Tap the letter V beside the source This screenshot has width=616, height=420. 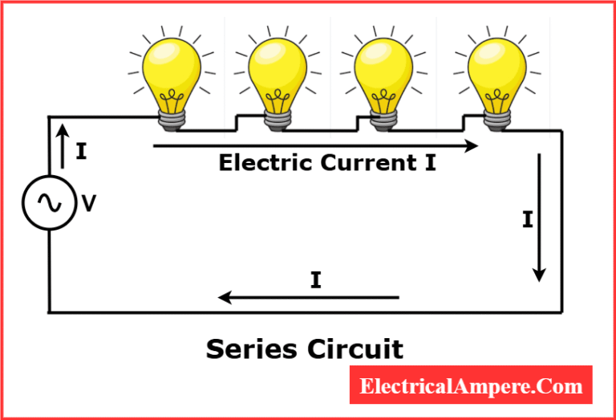tap(89, 204)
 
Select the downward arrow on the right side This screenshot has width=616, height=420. tap(540, 217)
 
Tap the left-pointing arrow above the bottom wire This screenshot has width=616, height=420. tap(309, 298)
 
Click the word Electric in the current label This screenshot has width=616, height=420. tap(266, 163)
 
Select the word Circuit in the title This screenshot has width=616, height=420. tap(354, 349)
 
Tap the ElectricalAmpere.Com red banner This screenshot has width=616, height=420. tap(471, 386)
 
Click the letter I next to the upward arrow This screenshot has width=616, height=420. tap(81, 151)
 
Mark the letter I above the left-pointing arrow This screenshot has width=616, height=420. tap(315, 280)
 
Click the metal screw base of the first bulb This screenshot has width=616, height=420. tap(171, 118)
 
